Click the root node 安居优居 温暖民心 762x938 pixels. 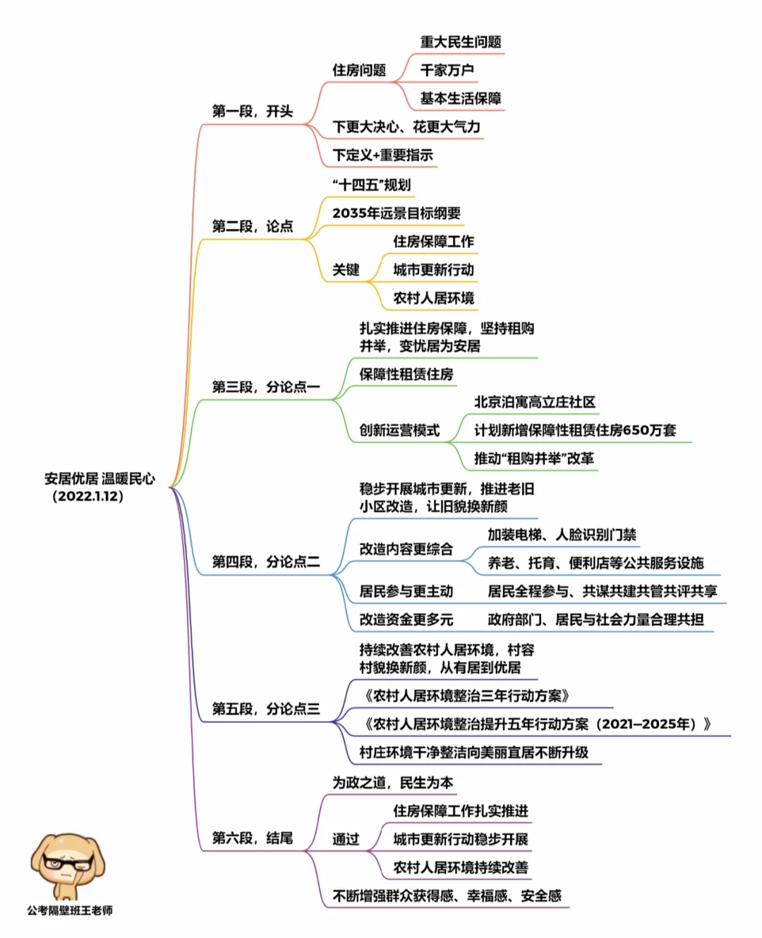tap(99, 479)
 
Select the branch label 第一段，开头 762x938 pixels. tap(252, 112)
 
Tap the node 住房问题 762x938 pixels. tap(359, 70)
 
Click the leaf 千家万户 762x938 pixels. tap(447, 70)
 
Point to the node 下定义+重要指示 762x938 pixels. tap(382, 155)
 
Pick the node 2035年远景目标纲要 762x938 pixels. tap(396, 213)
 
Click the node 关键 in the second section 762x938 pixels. tap(346, 270)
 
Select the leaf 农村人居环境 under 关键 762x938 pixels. tap(433, 298)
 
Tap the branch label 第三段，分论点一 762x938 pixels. tap(265, 387)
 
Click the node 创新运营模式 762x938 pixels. tap(399, 430)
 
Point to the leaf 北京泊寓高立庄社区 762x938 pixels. tap(534, 402)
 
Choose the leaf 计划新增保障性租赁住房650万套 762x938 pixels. tap(574, 430)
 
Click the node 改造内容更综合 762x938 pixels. tap(406, 549)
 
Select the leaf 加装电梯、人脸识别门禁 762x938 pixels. tap(562, 535)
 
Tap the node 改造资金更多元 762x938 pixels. tap(406, 619)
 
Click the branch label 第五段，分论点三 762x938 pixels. tap(265, 708)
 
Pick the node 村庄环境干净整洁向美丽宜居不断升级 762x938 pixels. tap(473, 752)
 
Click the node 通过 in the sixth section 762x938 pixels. tap(346, 839)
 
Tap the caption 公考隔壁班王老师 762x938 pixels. tap(70, 910)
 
